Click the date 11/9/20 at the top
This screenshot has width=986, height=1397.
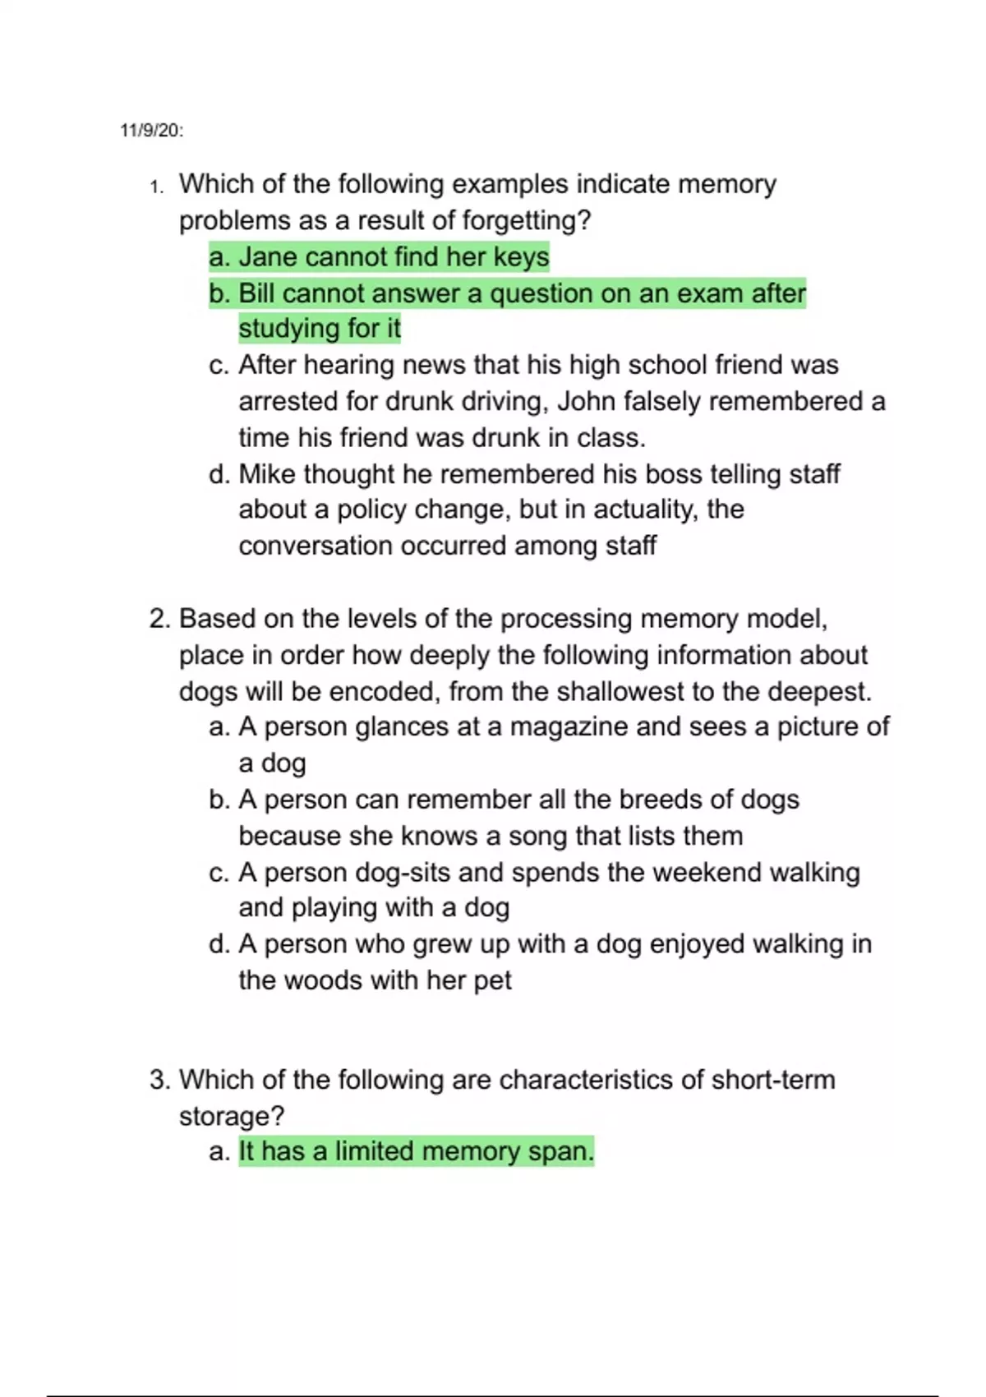(x=151, y=131)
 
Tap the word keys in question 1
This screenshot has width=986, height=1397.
(x=521, y=257)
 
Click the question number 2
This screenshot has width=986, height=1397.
(x=159, y=619)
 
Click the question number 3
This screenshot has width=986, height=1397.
(x=159, y=1080)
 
